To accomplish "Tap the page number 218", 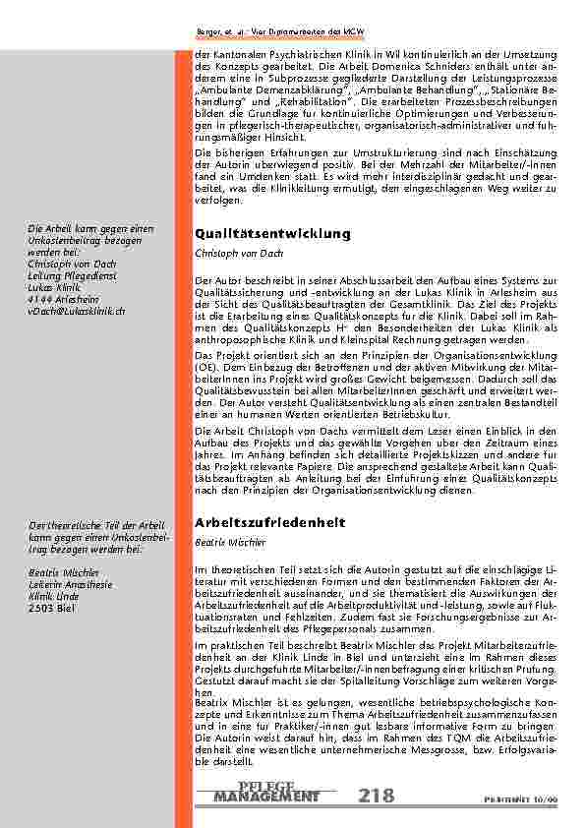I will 378,795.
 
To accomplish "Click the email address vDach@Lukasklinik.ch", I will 77,310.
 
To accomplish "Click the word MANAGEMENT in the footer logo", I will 265,796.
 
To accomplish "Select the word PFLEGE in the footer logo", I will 265,784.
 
